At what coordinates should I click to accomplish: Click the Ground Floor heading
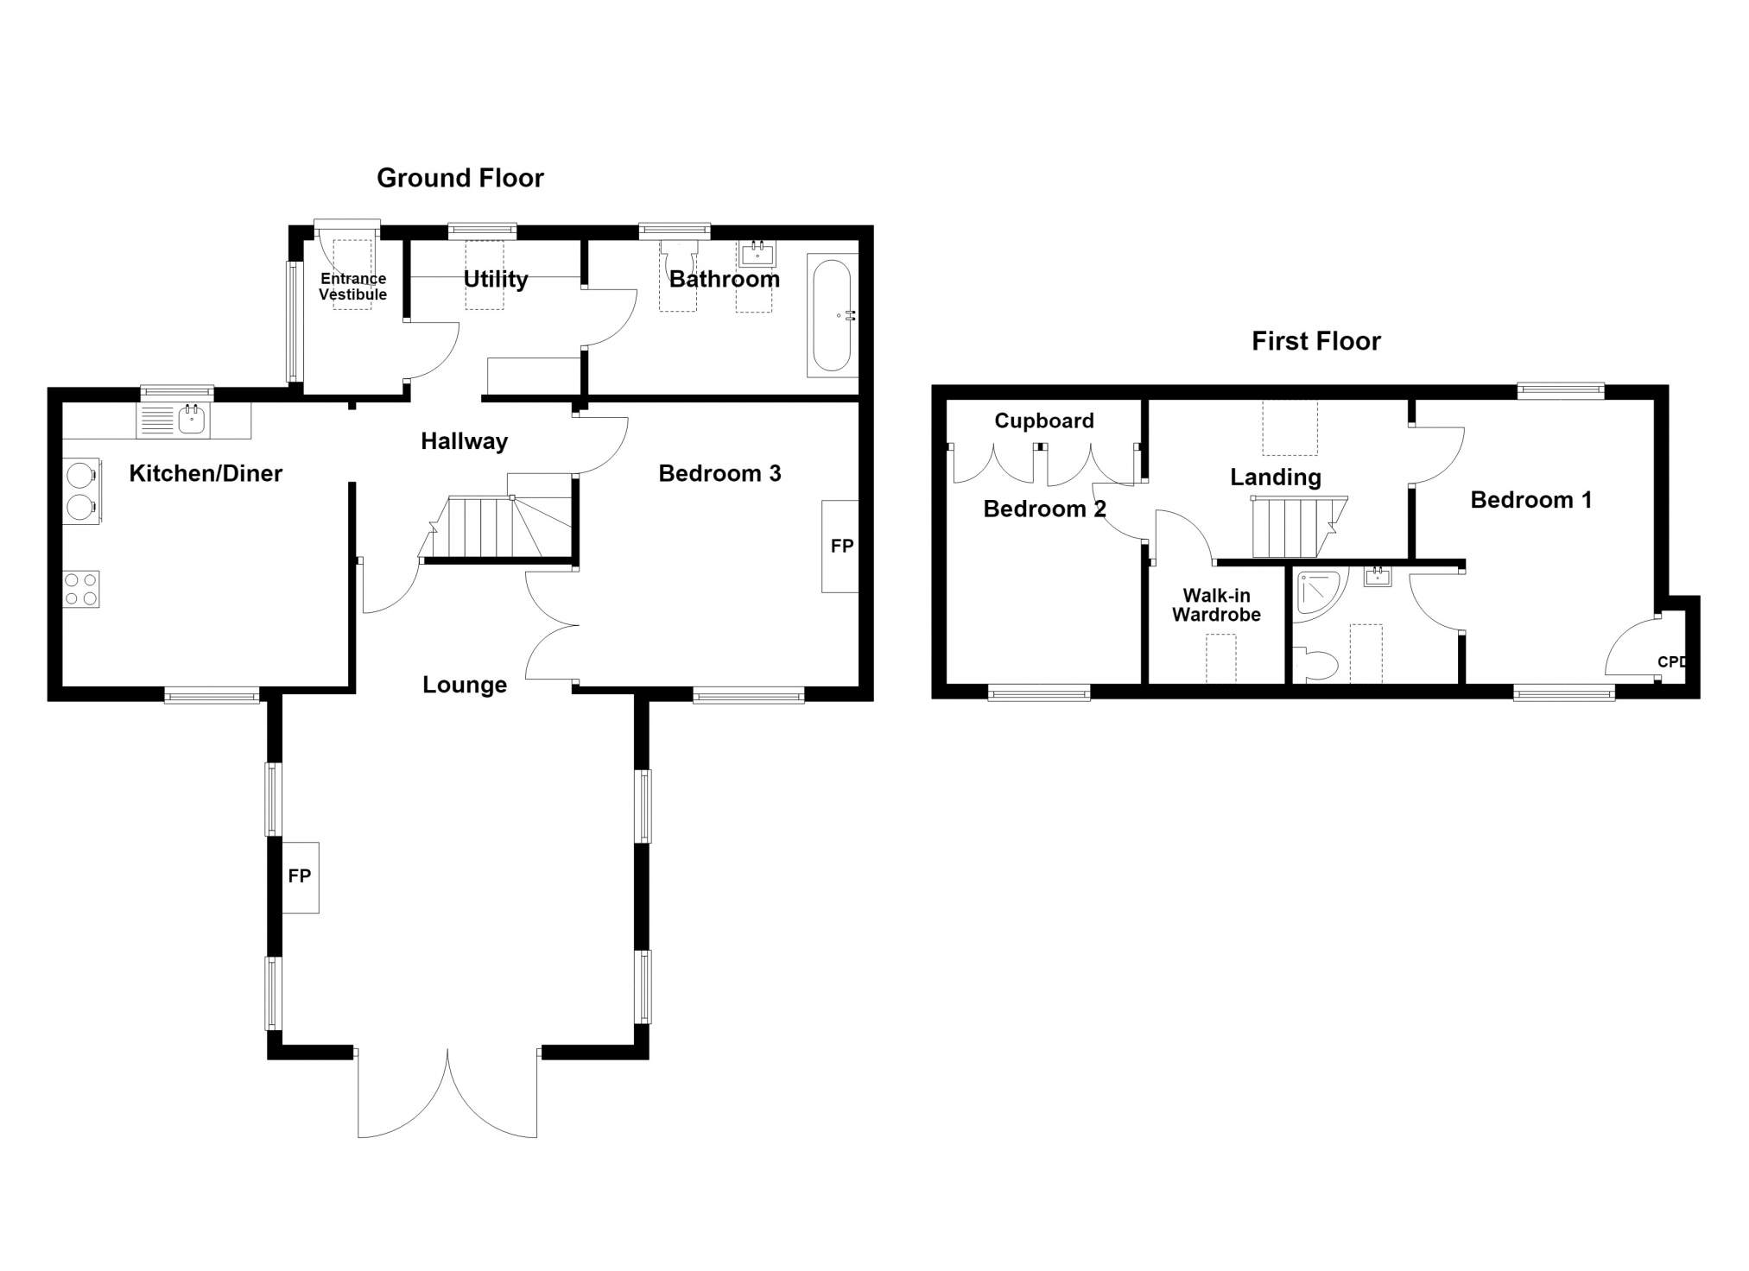point(460,178)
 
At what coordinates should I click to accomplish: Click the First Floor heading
point(1315,341)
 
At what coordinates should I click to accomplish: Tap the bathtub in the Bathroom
point(833,315)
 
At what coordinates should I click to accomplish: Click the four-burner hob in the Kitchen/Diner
point(80,589)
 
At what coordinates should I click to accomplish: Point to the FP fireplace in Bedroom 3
point(840,546)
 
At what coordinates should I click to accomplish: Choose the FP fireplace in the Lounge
point(301,877)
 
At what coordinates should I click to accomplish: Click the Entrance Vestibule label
point(352,287)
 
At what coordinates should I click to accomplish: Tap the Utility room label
point(496,279)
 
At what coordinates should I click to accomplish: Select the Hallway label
point(464,441)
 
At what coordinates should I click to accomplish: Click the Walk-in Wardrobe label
point(1216,605)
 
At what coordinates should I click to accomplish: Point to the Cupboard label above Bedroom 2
point(1044,421)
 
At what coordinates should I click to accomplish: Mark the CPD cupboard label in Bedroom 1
point(1671,662)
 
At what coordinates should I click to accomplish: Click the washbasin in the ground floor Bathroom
point(757,254)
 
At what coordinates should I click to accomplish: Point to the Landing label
point(1276,477)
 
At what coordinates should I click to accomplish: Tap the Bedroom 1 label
point(1530,500)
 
